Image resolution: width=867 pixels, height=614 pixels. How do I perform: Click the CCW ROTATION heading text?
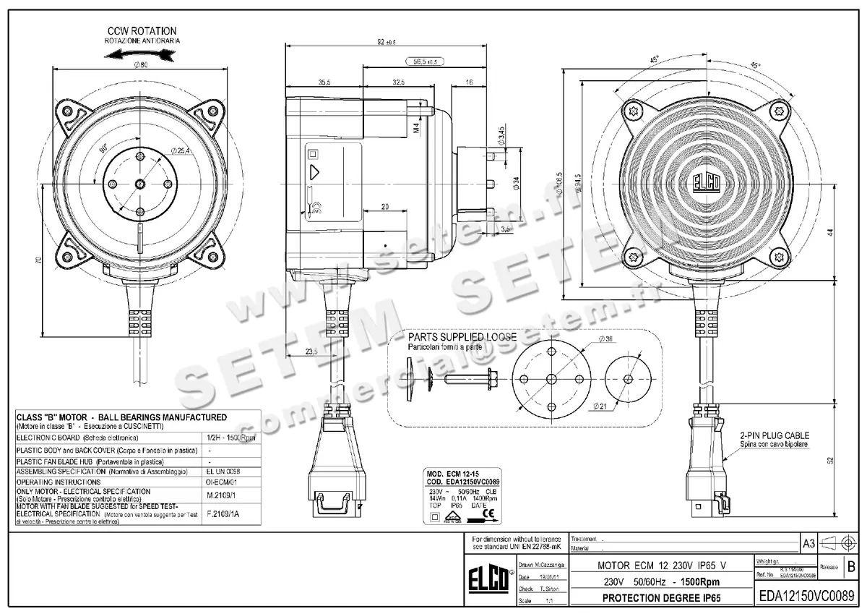click(142, 31)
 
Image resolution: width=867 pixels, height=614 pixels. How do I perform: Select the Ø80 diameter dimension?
click(142, 66)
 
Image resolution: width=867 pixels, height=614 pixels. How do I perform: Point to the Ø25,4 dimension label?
click(181, 150)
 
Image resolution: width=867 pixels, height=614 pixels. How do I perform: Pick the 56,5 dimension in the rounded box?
click(425, 62)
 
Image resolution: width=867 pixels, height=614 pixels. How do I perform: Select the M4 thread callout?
click(416, 129)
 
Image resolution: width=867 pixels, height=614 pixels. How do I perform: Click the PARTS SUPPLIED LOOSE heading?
click(462, 337)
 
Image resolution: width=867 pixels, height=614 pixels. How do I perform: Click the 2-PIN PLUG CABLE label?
click(774, 436)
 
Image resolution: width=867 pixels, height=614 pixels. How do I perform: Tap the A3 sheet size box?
click(809, 542)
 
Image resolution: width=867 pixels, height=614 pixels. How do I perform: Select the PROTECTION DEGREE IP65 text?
click(660, 598)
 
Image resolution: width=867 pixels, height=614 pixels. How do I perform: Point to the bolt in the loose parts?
click(468, 378)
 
